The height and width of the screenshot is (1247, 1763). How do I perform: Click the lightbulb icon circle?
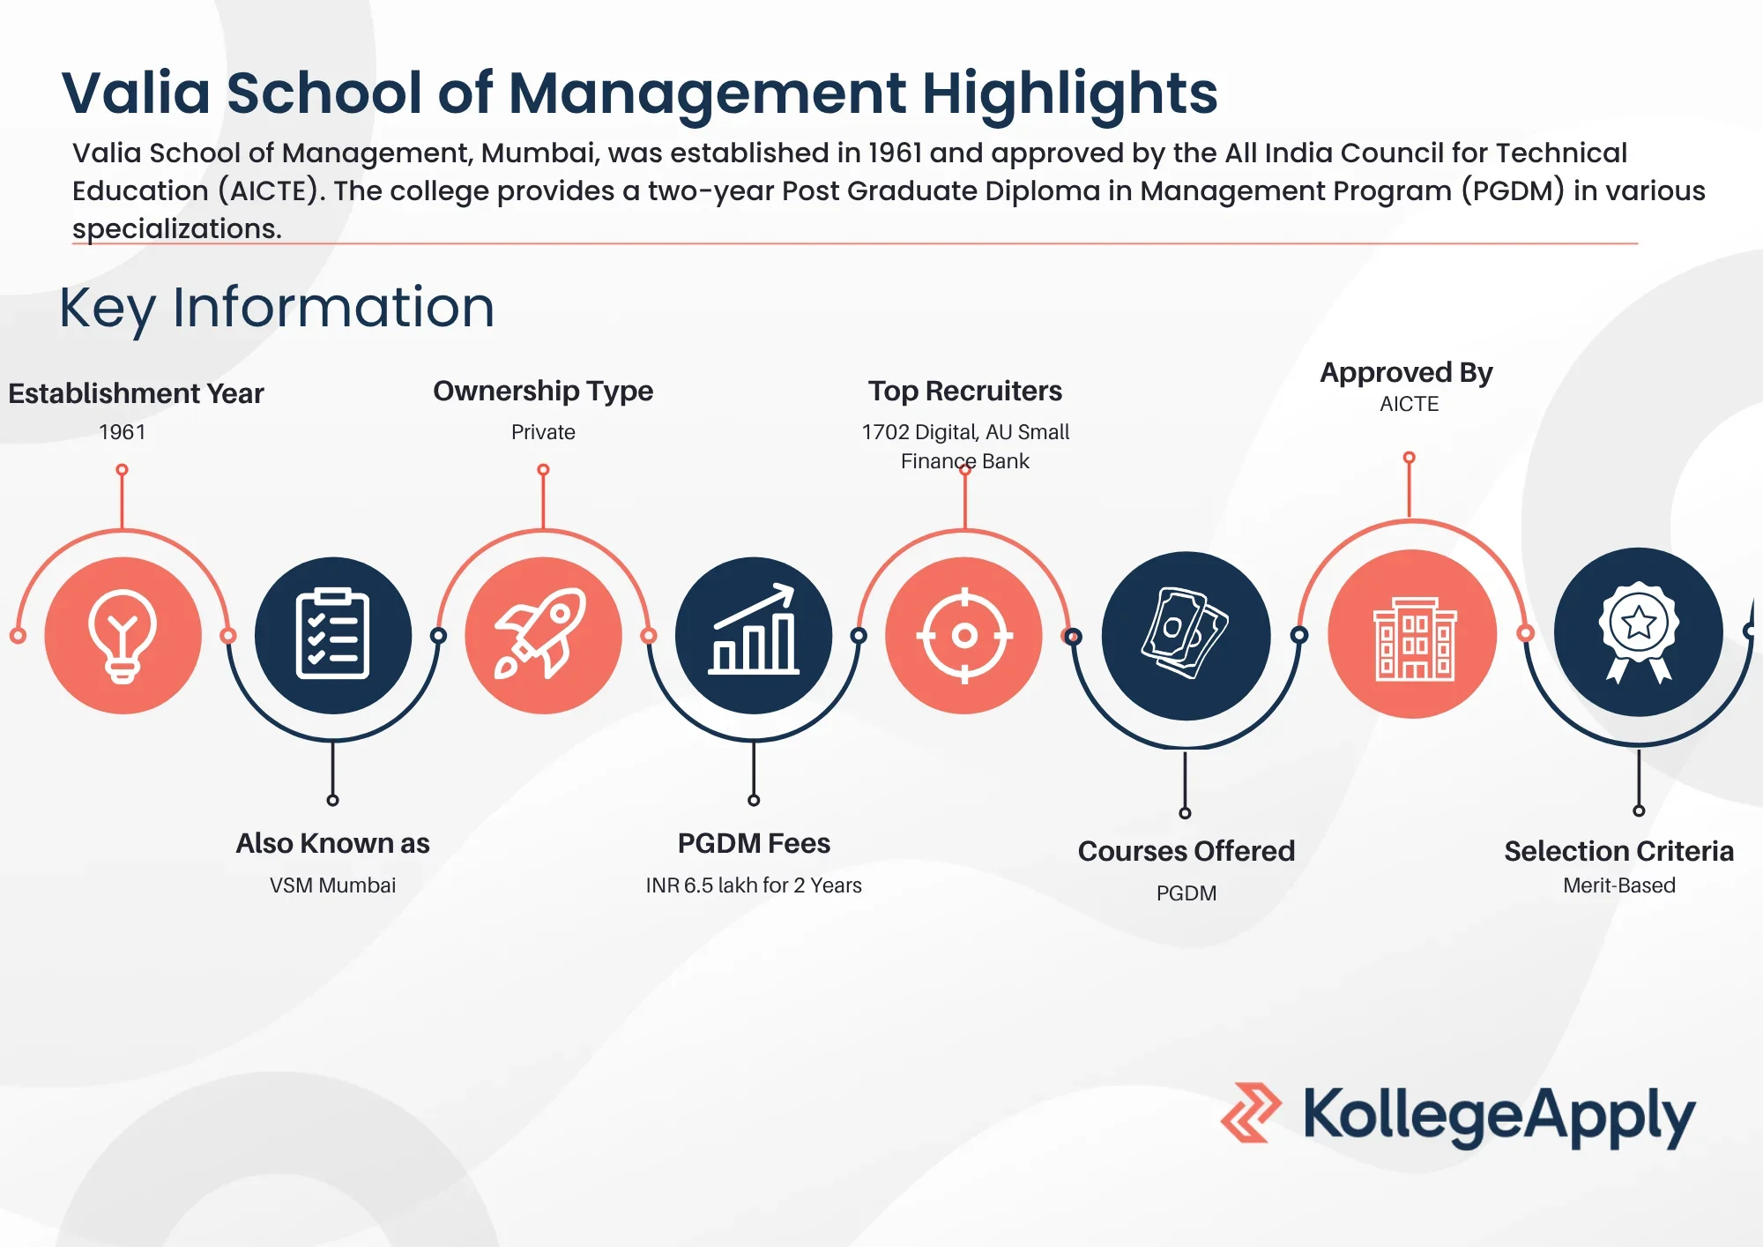coord(123,635)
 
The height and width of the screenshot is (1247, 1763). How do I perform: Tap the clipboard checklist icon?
coord(332,634)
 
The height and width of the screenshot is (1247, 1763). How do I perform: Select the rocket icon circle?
coord(544,635)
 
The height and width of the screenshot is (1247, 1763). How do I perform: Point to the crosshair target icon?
coord(964,635)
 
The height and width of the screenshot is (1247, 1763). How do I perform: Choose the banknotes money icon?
coord(1185,633)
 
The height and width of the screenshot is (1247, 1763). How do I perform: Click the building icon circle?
coord(1412,634)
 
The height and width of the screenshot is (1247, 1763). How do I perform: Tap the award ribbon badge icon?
coord(1639,631)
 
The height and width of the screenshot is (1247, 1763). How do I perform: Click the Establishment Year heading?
coord(136,393)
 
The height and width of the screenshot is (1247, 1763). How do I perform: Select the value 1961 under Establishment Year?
coord(122,432)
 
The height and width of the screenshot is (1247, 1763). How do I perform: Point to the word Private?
coord(543,432)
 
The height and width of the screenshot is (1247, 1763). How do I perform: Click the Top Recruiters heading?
coord(965,391)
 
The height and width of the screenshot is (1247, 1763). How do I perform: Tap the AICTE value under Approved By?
coord(1409,404)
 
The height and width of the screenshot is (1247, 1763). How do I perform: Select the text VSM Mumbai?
coord(332,885)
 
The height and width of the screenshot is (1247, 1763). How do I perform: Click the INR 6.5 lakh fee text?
coord(754,885)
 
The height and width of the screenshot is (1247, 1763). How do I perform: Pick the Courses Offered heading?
coord(1186,851)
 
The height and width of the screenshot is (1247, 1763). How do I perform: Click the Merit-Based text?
coord(1619,885)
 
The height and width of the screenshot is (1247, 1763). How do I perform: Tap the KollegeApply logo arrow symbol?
coord(1251,1113)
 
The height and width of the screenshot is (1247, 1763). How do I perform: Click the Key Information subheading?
coord(277,308)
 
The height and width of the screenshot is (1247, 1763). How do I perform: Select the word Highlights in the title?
coord(1070,94)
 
